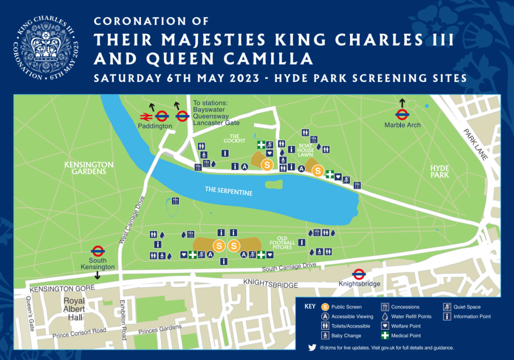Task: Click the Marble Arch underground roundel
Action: [x=402, y=114]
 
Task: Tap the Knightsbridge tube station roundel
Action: [x=359, y=274]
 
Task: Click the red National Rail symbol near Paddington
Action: [x=146, y=116]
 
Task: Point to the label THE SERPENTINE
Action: [x=230, y=192]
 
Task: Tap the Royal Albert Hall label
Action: [x=73, y=310]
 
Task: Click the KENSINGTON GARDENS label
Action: [x=89, y=168]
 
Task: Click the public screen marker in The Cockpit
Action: [x=267, y=165]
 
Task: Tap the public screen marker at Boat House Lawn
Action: [x=318, y=171]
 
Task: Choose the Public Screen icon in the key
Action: [x=325, y=307]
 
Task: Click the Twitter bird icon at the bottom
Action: [x=312, y=348]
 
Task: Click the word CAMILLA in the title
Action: [x=276, y=59]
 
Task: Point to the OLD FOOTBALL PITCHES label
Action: [x=282, y=242]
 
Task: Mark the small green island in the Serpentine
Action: [x=274, y=185]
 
